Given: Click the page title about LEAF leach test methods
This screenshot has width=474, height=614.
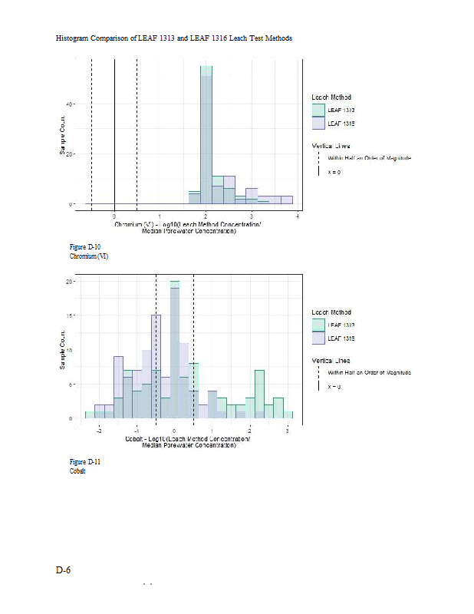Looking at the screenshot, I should (x=173, y=38).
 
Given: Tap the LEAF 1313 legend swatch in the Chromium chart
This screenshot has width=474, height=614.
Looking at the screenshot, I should (x=318, y=110).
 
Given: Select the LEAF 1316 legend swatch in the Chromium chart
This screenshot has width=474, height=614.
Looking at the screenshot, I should (x=318, y=123).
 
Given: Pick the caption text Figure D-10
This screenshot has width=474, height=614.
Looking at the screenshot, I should (x=85, y=247).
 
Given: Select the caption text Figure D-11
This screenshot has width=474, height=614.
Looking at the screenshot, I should (x=85, y=462).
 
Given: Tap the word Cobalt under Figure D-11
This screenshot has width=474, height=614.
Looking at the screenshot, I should (x=77, y=470).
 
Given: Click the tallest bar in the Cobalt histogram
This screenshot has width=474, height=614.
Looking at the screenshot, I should (x=175, y=349).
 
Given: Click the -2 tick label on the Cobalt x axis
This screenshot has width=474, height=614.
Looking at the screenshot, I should (x=98, y=431).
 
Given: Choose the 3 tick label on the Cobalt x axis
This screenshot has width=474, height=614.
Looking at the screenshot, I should (x=287, y=431).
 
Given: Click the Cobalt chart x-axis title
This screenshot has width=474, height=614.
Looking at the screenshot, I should (x=187, y=442).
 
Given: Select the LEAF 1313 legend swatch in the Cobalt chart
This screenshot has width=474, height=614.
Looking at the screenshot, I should (x=318, y=325).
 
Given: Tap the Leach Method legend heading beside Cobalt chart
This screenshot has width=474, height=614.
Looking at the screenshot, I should (x=331, y=312).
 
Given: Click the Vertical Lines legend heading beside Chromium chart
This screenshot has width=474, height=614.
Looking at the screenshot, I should (x=331, y=145).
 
